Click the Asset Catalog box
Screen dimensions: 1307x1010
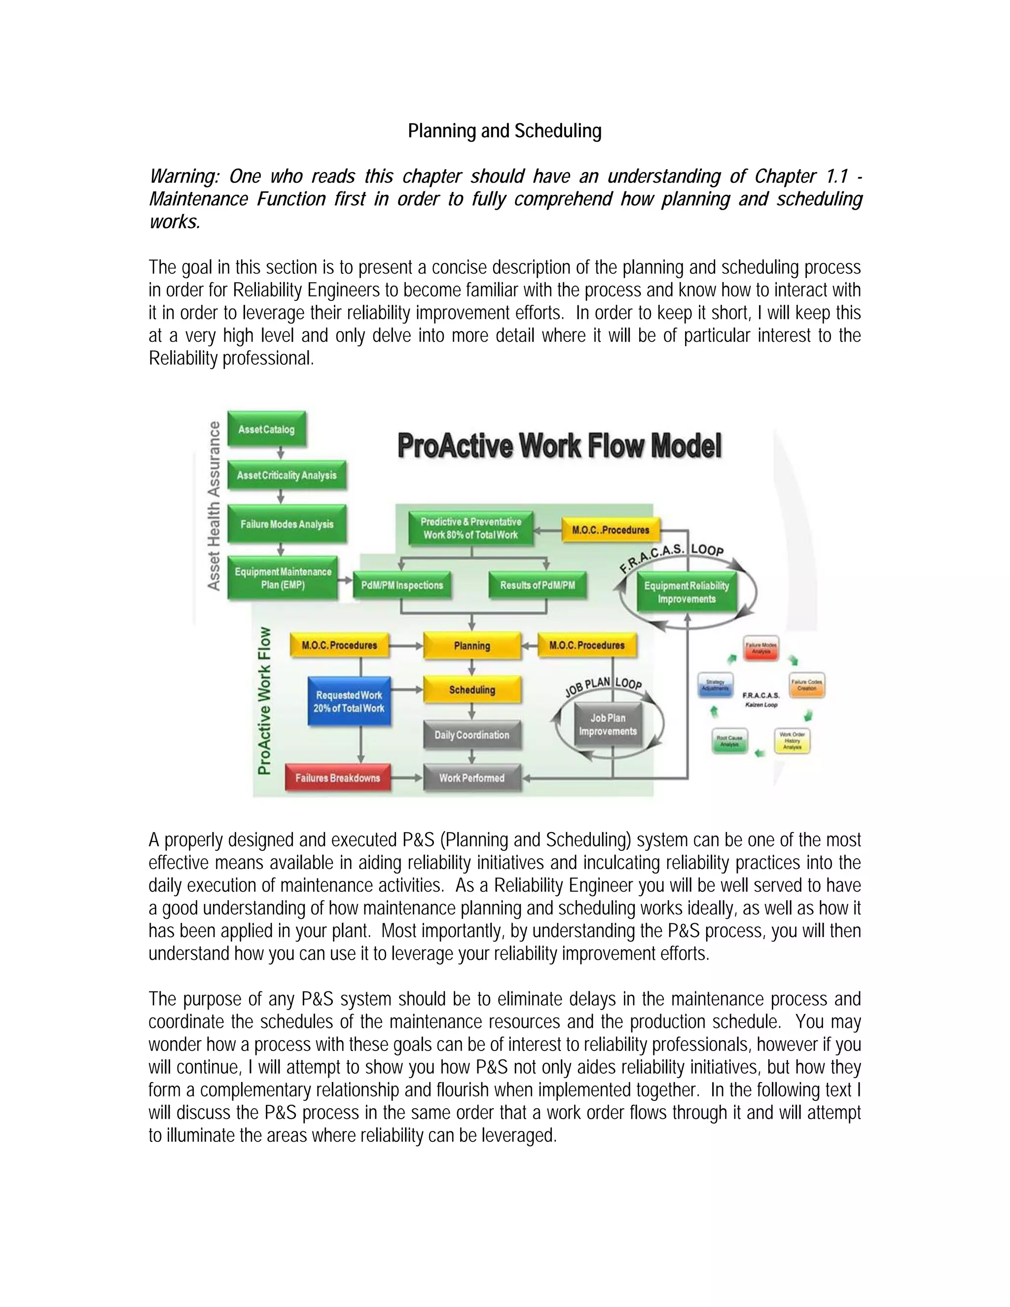pos(267,429)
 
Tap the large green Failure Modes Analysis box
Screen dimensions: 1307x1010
pos(287,524)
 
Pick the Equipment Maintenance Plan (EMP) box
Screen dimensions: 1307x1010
pos(283,578)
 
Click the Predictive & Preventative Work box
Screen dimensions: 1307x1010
pos(471,528)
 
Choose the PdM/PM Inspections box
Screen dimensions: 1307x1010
pos(402,585)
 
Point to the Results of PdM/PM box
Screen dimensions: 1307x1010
pos(538,585)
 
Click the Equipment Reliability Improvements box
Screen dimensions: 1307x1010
pos(686,592)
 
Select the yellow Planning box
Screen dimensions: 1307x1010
pos(471,646)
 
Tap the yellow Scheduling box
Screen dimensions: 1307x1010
pos(471,690)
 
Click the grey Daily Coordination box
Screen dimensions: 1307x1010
pos(471,735)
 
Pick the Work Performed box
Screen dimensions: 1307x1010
pos(471,778)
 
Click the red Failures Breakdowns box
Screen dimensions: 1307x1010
pos(337,778)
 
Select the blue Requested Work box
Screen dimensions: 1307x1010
pos(350,701)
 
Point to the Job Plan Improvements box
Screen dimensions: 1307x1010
pos(608,725)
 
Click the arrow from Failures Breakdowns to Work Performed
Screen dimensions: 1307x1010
pos(407,778)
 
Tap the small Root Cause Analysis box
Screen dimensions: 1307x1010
pos(729,741)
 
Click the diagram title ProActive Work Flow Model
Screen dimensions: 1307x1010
pos(559,446)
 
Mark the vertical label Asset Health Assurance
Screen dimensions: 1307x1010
pos(214,506)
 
